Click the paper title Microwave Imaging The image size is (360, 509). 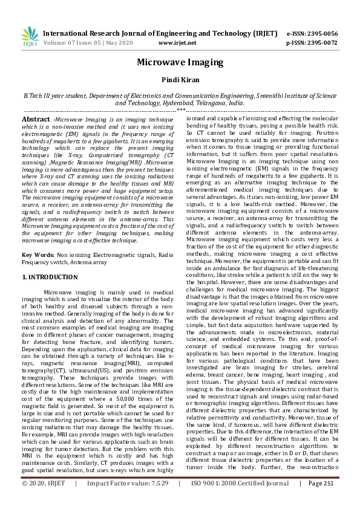[180, 62]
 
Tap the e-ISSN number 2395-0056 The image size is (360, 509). [321, 33]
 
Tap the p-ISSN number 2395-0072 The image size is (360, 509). [321, 43]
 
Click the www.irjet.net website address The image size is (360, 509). [177, 43]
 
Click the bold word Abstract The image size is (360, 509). [36, 120]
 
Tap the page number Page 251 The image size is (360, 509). [322, 500]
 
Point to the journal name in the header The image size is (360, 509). [160, 33]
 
